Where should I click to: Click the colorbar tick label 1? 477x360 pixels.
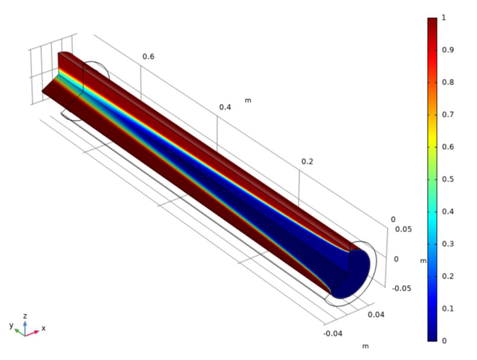(443, 18)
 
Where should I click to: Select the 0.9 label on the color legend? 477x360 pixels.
(448, 50)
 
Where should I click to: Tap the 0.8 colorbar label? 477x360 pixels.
(448, 82)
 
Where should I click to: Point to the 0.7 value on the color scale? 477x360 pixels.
(448, 115)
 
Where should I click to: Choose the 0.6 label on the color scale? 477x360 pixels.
(448, 147)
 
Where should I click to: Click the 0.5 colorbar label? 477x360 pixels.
(448, 179)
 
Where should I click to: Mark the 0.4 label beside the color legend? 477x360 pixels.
(448, 211)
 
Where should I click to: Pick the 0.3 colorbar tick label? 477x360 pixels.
(448, 244)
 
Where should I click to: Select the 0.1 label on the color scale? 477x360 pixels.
(448, 308)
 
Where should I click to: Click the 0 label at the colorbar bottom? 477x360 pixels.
(444, 341)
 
